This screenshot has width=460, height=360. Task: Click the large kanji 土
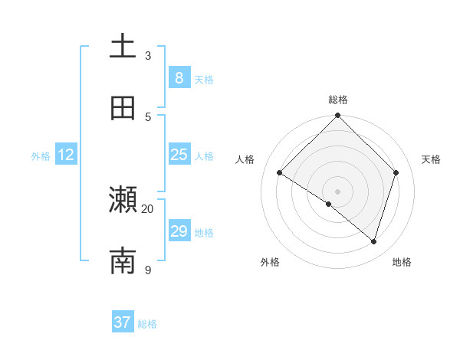pos(123,46)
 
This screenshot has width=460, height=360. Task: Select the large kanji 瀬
pos(123,200)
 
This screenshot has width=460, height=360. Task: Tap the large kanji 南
pos(123,261)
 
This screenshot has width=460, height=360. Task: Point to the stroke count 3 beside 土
pos(148,55)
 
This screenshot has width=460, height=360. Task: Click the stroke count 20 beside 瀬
pos(148,208)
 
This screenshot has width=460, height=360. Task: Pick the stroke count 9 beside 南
pos(148,270)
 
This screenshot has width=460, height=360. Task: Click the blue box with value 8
pos(179,77)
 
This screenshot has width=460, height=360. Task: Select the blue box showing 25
pos(179,155)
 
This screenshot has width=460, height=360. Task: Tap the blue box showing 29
pos(179,231)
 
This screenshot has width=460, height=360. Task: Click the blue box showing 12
pos(66,155)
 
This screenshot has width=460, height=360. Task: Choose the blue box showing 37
pos(123,322)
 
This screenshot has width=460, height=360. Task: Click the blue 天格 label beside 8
pos(204,79)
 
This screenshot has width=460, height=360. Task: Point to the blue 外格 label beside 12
pos(41,156)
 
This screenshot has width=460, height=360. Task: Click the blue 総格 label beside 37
pos(147,324)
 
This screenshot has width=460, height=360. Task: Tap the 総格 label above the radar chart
pos(338,100)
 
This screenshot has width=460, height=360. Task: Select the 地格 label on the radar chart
pos(402,262)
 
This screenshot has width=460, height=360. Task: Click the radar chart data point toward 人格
pos(280,172)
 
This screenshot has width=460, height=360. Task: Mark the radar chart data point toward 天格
pos(396,172)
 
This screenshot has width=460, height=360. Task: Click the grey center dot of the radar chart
pos(338,191)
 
